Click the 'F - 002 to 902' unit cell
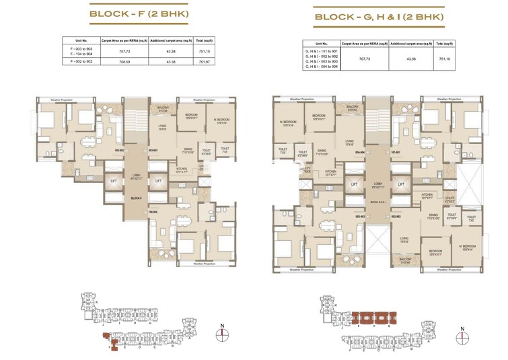point(78,62)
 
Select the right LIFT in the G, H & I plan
point(402,184)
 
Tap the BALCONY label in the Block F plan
point(163,107)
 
